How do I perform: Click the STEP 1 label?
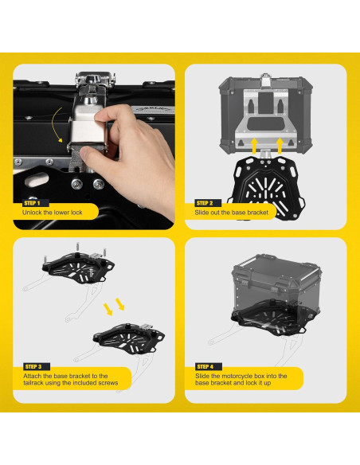point(33,203)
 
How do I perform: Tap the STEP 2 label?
point(205,203)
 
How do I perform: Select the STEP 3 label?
point(33,366)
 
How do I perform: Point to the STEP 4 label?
point(205,366)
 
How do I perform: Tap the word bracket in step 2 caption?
point(258,213)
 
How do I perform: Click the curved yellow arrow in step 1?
point(54,125)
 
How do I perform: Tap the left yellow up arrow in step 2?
point(254,146)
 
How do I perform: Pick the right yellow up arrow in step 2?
point(280,146)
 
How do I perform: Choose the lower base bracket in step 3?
point(129,338)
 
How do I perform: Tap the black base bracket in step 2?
point(266,186)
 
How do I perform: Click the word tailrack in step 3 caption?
point(33,383)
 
